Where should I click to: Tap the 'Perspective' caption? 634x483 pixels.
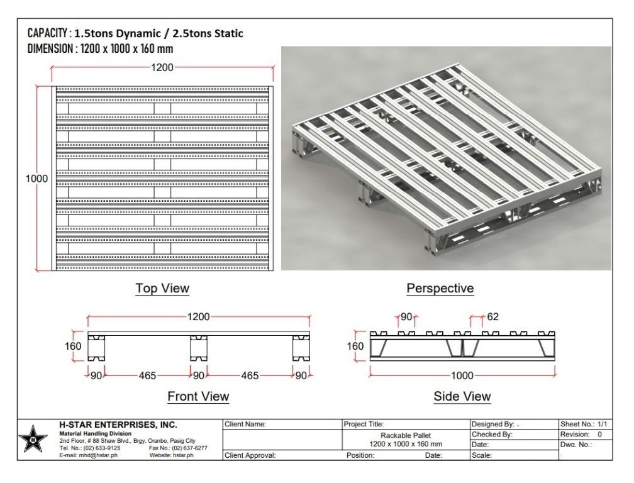tap(440, 289)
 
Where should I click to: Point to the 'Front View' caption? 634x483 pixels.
tap(197, 396)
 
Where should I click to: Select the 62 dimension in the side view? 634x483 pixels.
tap(492, 316)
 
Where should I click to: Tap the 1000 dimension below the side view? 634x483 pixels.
tap(463, 375)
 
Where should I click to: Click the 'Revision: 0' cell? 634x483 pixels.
tap(582, 435)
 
